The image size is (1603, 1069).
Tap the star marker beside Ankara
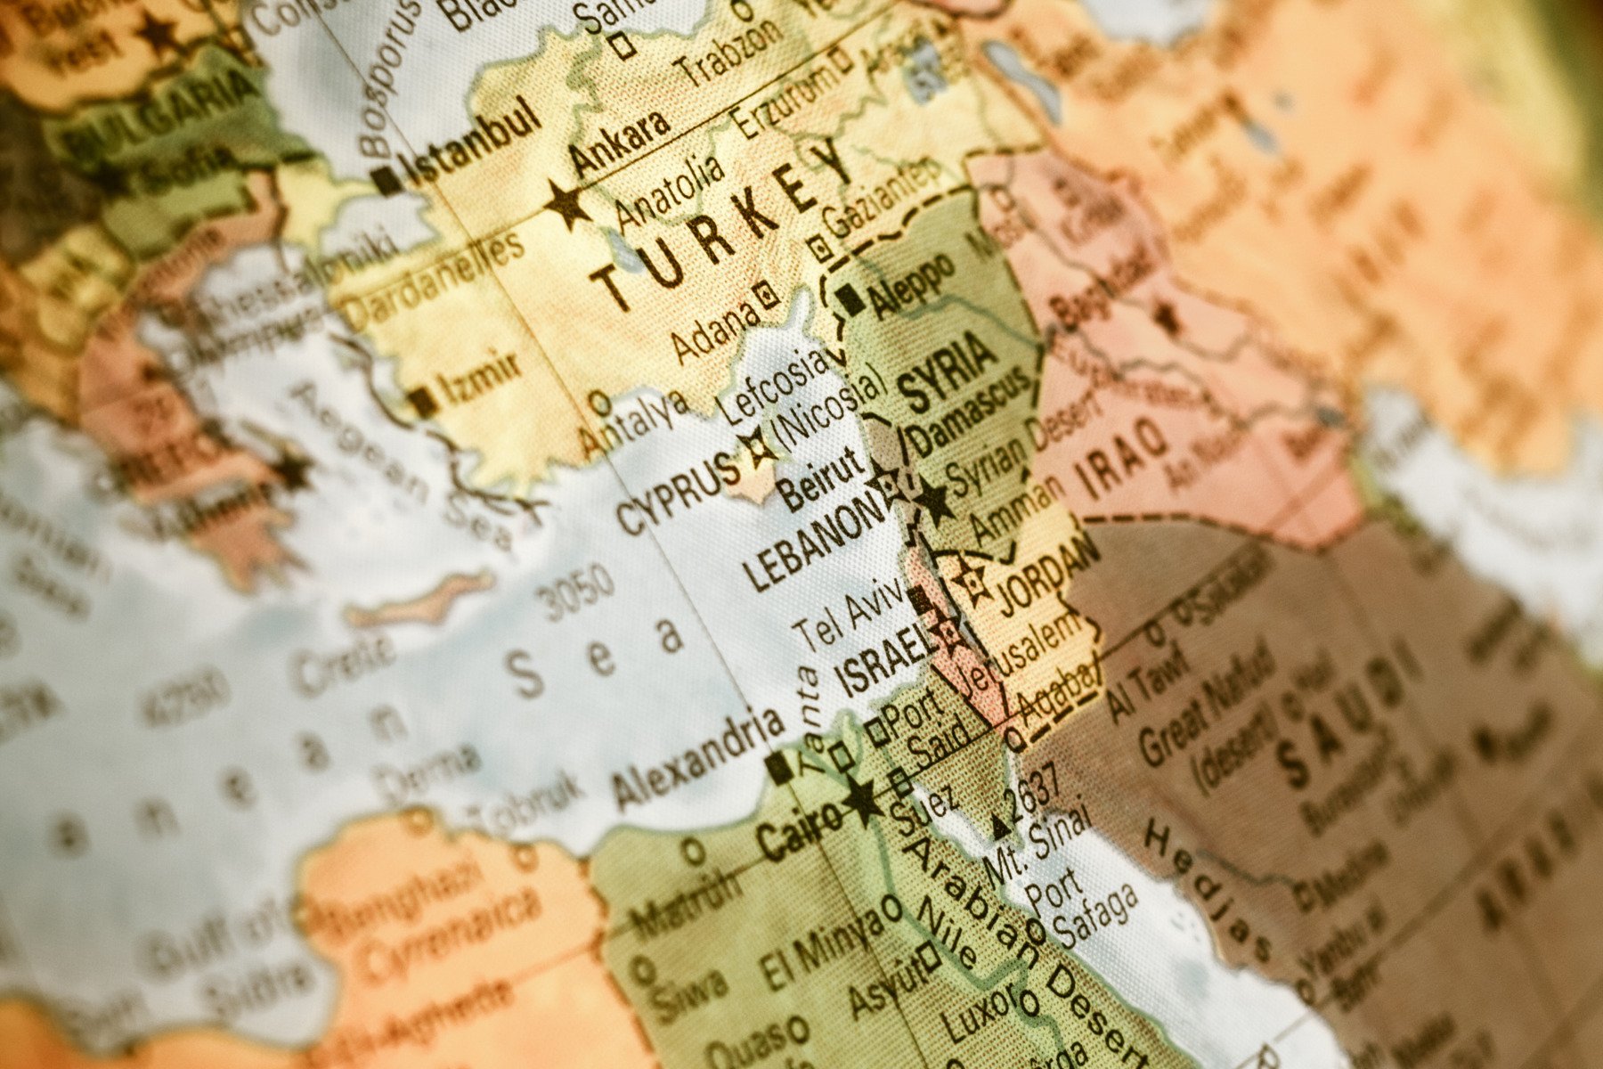[x=567, y=204]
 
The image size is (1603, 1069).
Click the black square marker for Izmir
[x=423, y=402]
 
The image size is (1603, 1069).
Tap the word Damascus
[x=966, y=413]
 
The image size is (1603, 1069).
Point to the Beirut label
[x=821, y=478]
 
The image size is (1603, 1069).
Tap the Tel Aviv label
[x=849, y=616]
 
